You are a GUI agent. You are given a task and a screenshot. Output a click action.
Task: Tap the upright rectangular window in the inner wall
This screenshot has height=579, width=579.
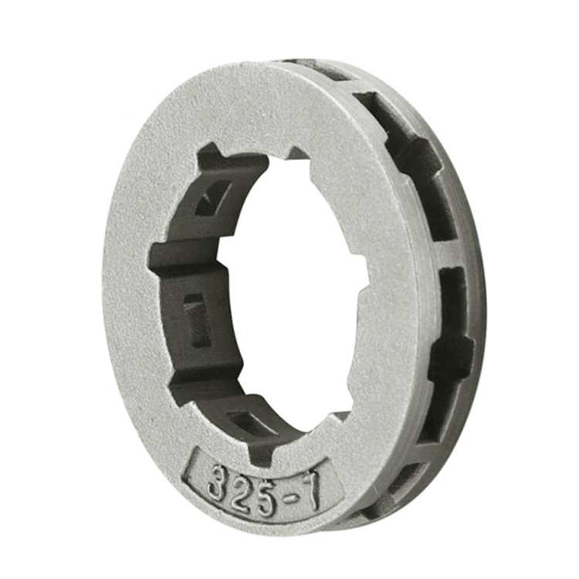click(x=197, y=320)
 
